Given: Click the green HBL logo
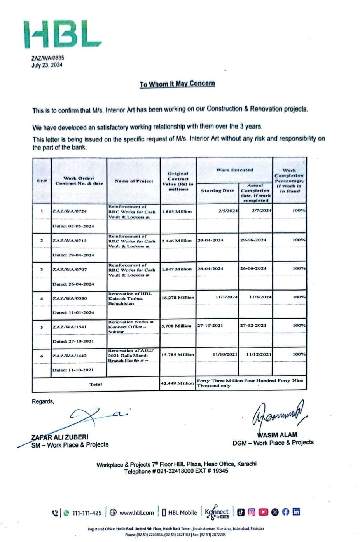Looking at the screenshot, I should click(62, 34).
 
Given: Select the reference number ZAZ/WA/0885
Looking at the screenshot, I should click(48, 58).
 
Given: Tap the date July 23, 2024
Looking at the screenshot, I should click(47, 65).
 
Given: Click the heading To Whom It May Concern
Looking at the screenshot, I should click(177, 84).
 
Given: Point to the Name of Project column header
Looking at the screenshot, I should click(134, 181).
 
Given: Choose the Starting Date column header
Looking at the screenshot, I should click(217, 191).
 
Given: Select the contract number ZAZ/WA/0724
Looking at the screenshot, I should click(70, 211).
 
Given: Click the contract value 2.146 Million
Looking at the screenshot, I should click(177, 241).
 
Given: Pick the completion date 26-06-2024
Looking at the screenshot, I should click(253, 268).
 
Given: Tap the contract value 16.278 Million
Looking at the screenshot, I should click(178, 298).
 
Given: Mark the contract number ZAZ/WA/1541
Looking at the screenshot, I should click(70, 327).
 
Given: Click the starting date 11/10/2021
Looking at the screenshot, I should click(225, 354).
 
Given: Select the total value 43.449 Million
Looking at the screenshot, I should click(177, 383).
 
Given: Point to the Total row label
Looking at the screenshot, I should click(96, 384).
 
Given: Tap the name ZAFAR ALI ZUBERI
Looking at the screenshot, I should click(59, 437).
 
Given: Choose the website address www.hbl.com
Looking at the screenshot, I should click(136, 513).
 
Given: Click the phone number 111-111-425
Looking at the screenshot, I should click(87, 513).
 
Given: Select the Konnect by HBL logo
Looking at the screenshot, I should click(217, 512).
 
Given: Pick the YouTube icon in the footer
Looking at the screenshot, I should click(263, 512).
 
